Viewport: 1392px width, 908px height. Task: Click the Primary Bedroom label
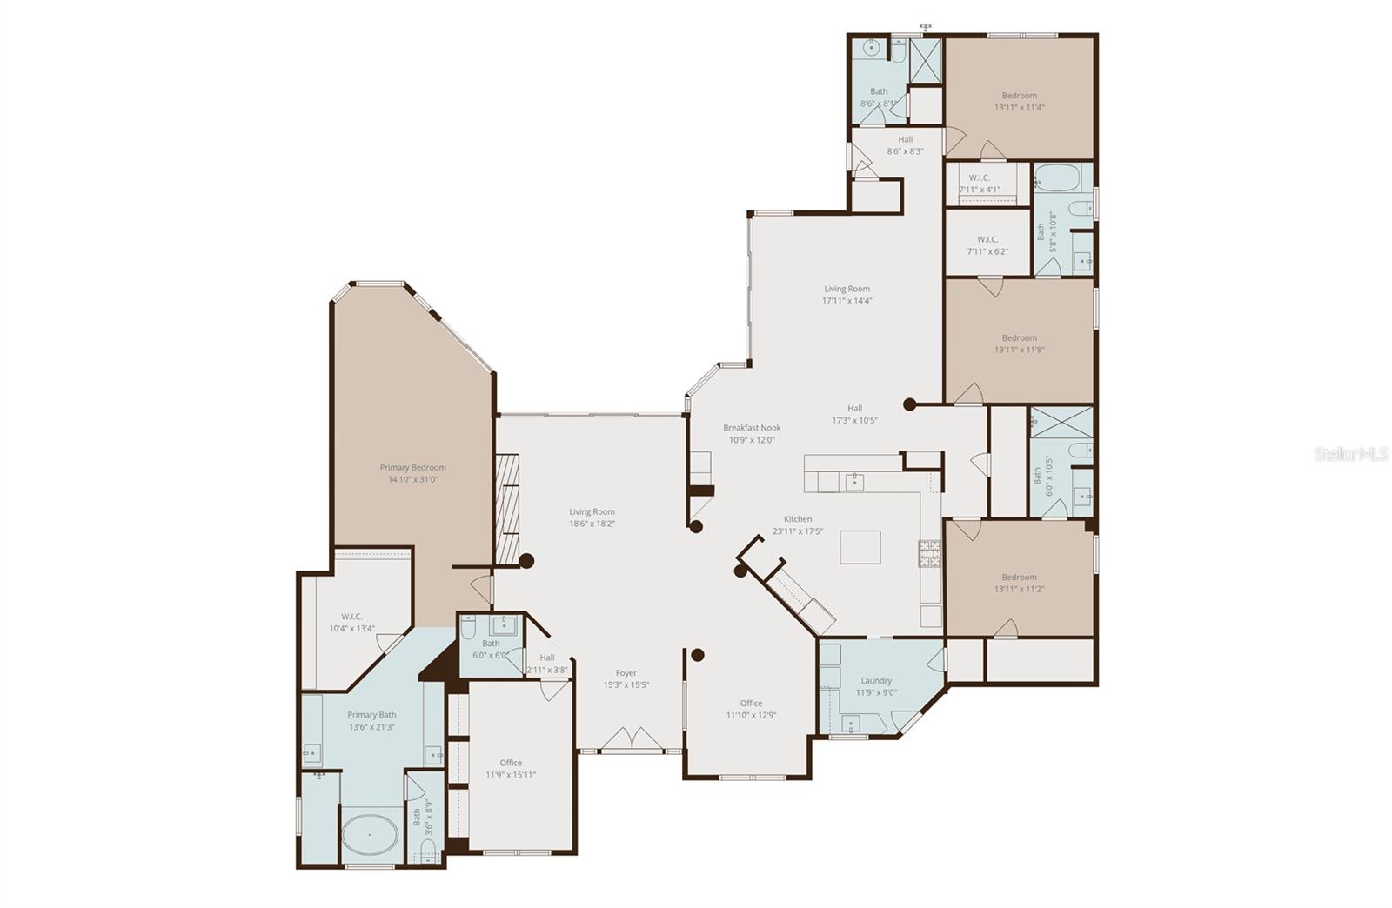click(412, 473)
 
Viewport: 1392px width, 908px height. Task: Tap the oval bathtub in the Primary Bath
click(370, 835)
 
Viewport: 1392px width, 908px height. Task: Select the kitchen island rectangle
click(860, 547)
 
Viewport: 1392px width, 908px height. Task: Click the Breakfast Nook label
click(752, 433)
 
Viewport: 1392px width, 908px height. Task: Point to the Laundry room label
click(876, 686)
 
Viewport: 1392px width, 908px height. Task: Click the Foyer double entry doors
click(632, 739)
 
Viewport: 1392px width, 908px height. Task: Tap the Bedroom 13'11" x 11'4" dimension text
click(1019, 108)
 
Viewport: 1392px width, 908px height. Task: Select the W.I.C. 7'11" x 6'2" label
click(987, 245)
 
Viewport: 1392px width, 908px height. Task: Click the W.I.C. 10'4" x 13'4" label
click(351, 622)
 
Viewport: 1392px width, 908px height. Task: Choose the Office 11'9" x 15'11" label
click(511, 768)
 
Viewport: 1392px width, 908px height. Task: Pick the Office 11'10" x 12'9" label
click(751, 709)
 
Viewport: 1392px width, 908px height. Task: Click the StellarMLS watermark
click(1350, 454)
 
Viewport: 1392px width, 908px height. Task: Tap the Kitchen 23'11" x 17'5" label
click(797, 524)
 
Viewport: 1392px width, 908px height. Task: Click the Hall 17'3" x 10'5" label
click(854, 414)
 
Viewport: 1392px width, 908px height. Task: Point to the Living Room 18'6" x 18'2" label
click(592, 517)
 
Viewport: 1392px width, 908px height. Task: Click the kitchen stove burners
click(929, 553)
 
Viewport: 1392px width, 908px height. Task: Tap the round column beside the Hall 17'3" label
click(909, 404)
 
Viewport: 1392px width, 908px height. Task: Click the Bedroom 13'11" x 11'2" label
click(1019, 583)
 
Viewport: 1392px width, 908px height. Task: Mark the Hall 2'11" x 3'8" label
click(547, 664)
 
